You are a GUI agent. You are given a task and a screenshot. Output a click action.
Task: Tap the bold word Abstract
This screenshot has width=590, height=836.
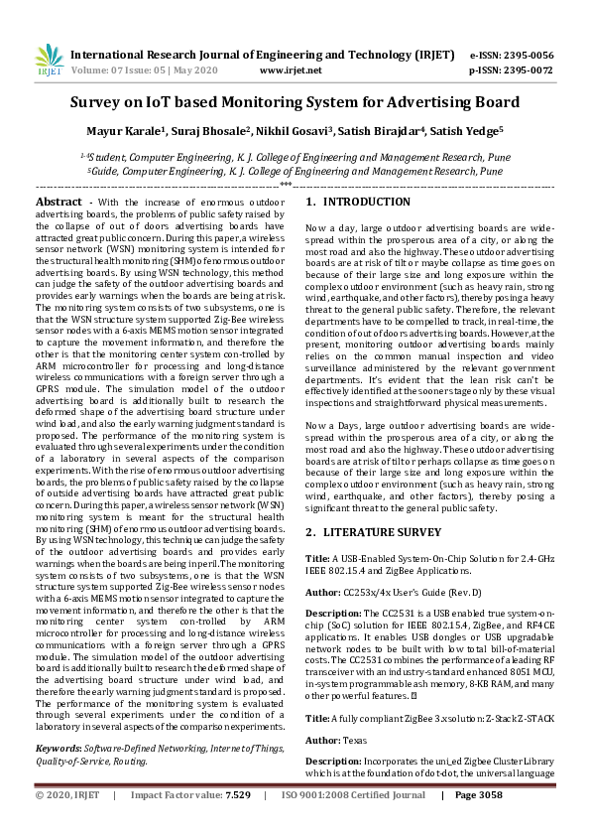[59, 202]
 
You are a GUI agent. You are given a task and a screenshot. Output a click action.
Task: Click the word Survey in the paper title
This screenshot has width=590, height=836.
[100, 102]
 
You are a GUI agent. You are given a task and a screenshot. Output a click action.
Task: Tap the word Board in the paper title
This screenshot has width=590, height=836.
[494, 102]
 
